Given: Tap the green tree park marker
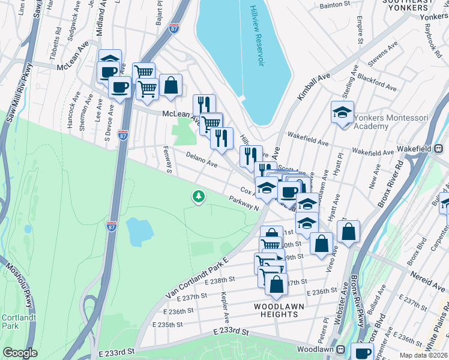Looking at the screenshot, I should pyautogui.click(x=198, y=196).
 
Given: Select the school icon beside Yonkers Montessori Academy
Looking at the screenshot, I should pyautogui.click(x=342, y=112).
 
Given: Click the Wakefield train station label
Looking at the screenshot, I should pyautogui.click(x=420, y=148).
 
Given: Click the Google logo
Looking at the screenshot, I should pyautogui.click(x=20, y=353).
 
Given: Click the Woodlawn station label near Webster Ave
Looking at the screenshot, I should pyautogui.click(x=321, y=349).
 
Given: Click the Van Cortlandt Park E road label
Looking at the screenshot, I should pyautogui.click(x=197, y=278).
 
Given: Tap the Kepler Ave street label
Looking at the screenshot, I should pyautogui.click(x=224, y=307).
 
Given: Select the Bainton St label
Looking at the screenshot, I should pyautogui.click(x=336, y=5).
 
